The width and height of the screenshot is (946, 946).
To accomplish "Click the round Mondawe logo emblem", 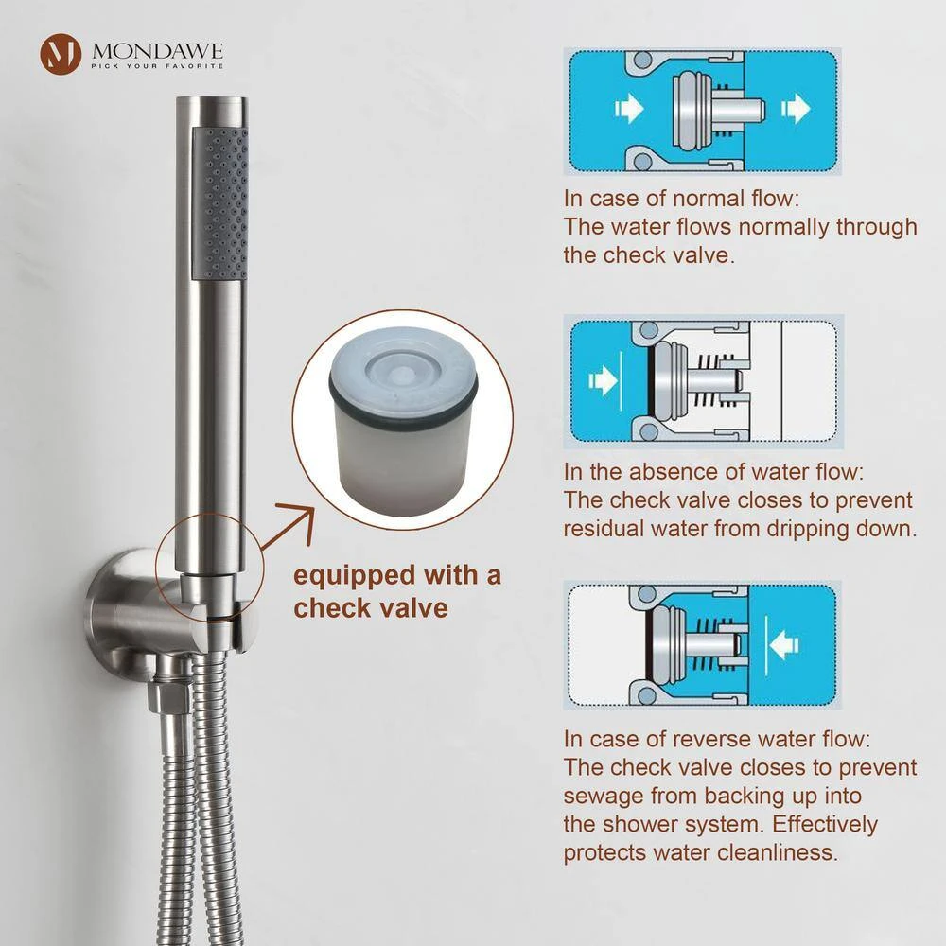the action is point(61,54).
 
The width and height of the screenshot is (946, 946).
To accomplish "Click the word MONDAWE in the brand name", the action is point(157,51).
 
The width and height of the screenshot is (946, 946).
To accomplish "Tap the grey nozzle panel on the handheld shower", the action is point(219,203).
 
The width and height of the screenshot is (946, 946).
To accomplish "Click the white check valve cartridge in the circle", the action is point(404,416).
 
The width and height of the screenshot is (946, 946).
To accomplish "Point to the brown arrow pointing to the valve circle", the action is point(289,527).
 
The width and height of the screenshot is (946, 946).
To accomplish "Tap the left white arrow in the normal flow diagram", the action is point(629,109).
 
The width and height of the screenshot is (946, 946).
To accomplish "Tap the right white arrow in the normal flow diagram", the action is point(796,109).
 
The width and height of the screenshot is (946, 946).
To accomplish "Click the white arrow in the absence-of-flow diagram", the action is point(603,380).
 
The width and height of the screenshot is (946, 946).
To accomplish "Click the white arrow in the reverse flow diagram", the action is point(784,643).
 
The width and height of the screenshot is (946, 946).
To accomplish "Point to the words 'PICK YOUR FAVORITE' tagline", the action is point(157,66).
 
